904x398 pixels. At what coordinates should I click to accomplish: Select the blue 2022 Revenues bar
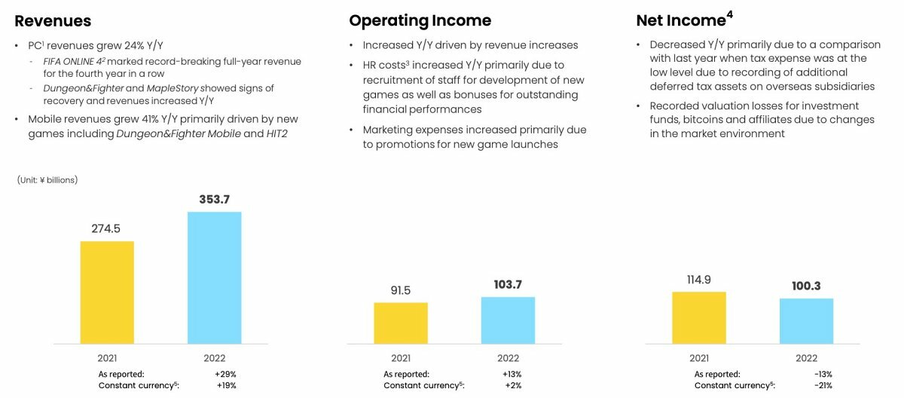(215, 277)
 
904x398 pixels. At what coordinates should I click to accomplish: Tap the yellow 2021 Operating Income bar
(401, 323)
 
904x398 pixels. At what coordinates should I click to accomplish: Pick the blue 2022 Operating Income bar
(508, 320)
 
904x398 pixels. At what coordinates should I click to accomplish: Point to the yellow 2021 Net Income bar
(699, 317)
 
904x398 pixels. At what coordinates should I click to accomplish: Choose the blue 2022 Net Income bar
(806, 321)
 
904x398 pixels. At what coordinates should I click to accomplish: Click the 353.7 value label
(215, 199)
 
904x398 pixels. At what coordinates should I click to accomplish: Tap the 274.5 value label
(106, 228)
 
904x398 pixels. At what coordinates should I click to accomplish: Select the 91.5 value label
(400, 290)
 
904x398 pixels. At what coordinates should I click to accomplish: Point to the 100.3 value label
(806, 286)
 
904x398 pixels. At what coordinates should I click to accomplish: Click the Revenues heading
(53, 20)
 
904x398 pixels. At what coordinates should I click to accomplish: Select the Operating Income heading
(420, 20)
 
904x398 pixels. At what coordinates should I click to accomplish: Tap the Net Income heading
(683, 20)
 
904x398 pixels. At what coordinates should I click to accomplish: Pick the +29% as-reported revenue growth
(225, 374)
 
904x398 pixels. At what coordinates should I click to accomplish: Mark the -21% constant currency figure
(823, 386)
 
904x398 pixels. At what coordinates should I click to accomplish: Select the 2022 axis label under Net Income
(806, 358)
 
